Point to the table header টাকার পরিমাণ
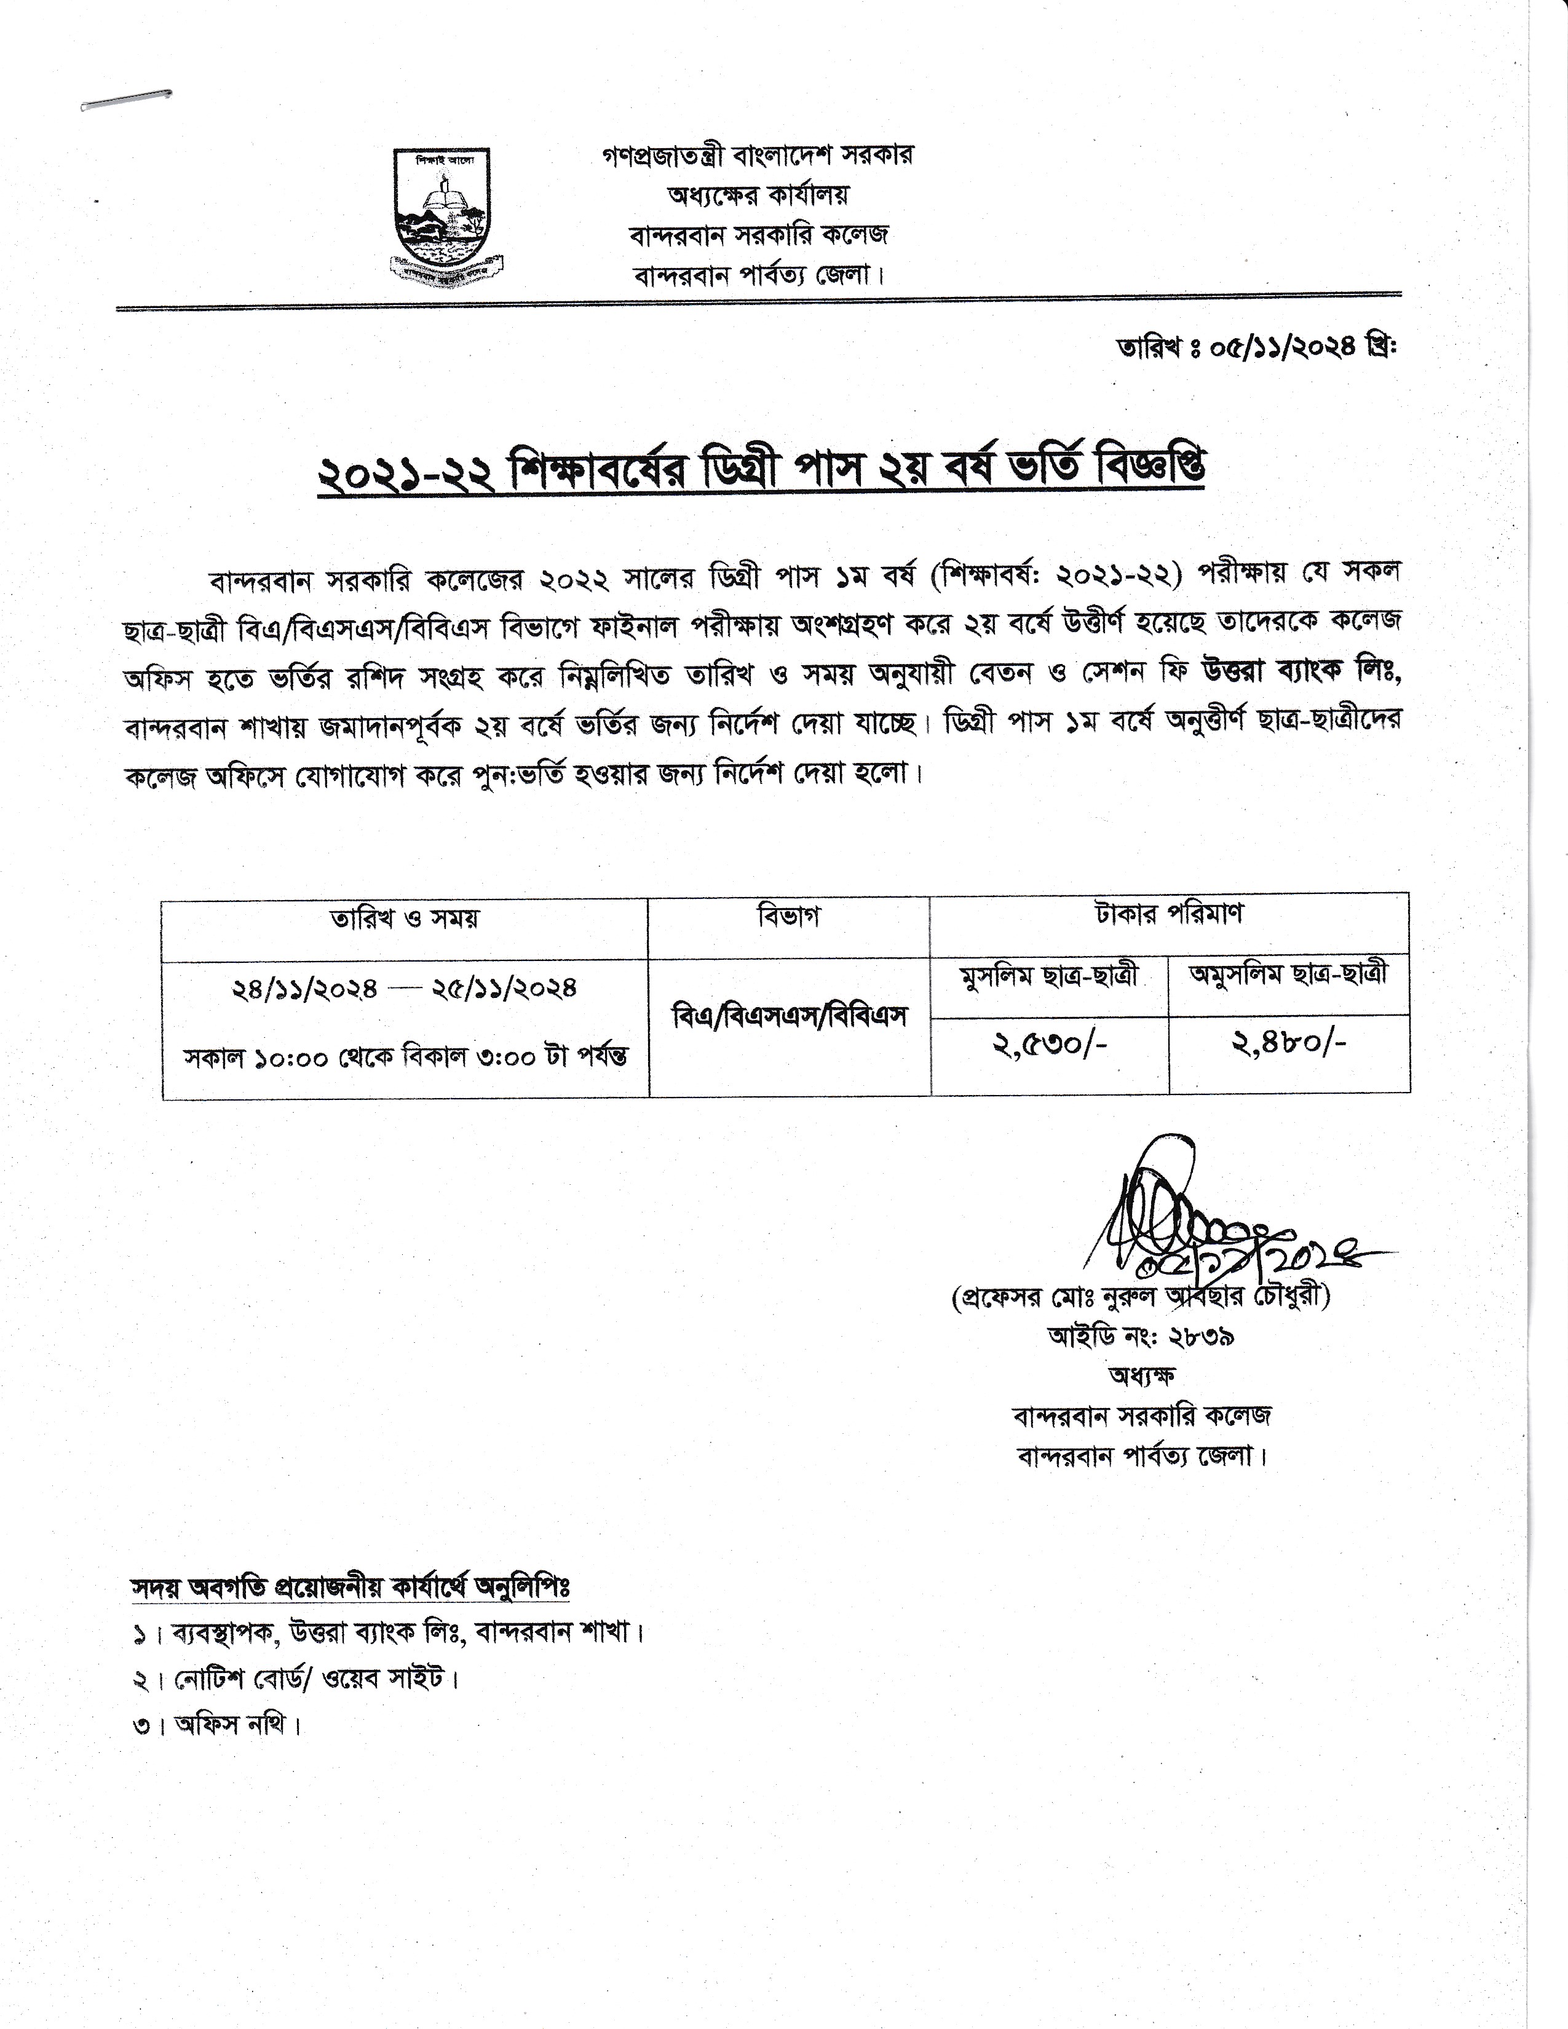click(1168, 914)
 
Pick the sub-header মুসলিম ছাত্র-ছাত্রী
click(1049, 978)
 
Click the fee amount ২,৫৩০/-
click(1050, 1044)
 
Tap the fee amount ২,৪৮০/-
click(1289, 1044)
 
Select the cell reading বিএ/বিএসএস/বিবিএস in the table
click(789, 1018)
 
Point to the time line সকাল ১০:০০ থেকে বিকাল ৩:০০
click(405, 1058)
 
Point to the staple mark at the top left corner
click(125, 100)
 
